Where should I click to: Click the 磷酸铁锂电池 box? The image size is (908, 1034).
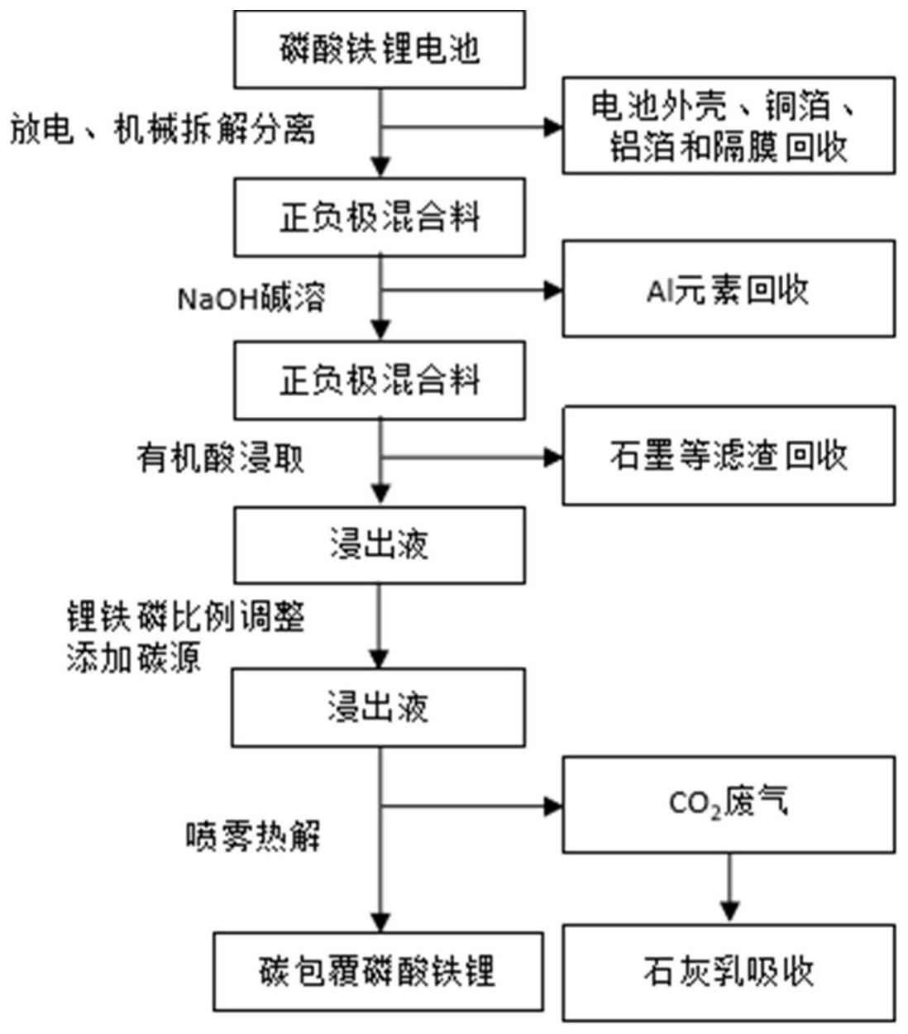pos(379,50)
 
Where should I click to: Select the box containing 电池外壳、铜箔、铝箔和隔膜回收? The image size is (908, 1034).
pos(728,126)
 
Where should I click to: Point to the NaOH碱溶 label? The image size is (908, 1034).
pos(251,297)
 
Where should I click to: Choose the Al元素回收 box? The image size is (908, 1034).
pos(728,290)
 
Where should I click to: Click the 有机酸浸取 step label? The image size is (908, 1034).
pos(221,457)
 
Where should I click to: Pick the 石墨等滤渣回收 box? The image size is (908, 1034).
pos(728,456)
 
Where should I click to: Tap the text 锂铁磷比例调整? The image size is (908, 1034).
pos(186,617)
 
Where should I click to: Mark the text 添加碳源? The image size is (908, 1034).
pos(134,658)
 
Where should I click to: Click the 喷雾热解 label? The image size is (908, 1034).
pos(252,837)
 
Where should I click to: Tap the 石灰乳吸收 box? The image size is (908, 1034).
pos(728,973)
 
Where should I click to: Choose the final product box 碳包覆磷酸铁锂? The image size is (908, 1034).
pos(379,971)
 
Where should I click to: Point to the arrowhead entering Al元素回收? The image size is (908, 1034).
pos(553,290)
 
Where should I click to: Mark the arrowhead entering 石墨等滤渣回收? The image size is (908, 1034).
pos(553,457)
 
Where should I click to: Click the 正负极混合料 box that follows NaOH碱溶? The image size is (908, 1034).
pos(379,381)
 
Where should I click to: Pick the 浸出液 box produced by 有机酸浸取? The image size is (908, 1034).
pos(379,545)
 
